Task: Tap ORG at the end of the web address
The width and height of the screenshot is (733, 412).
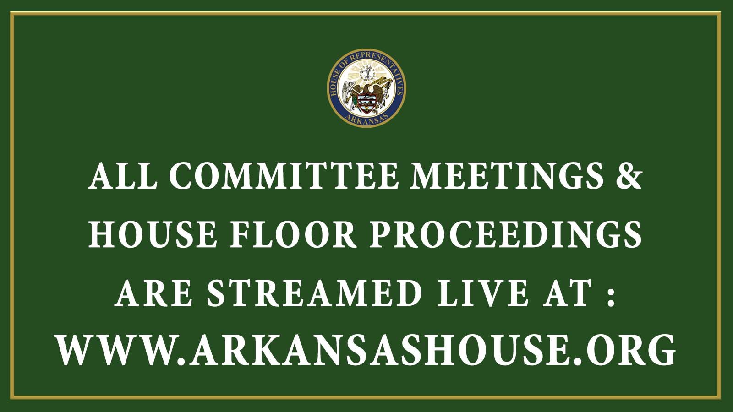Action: click(x=630, y=351)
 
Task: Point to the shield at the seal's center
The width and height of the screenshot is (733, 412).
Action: click(x=366, y=103)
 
